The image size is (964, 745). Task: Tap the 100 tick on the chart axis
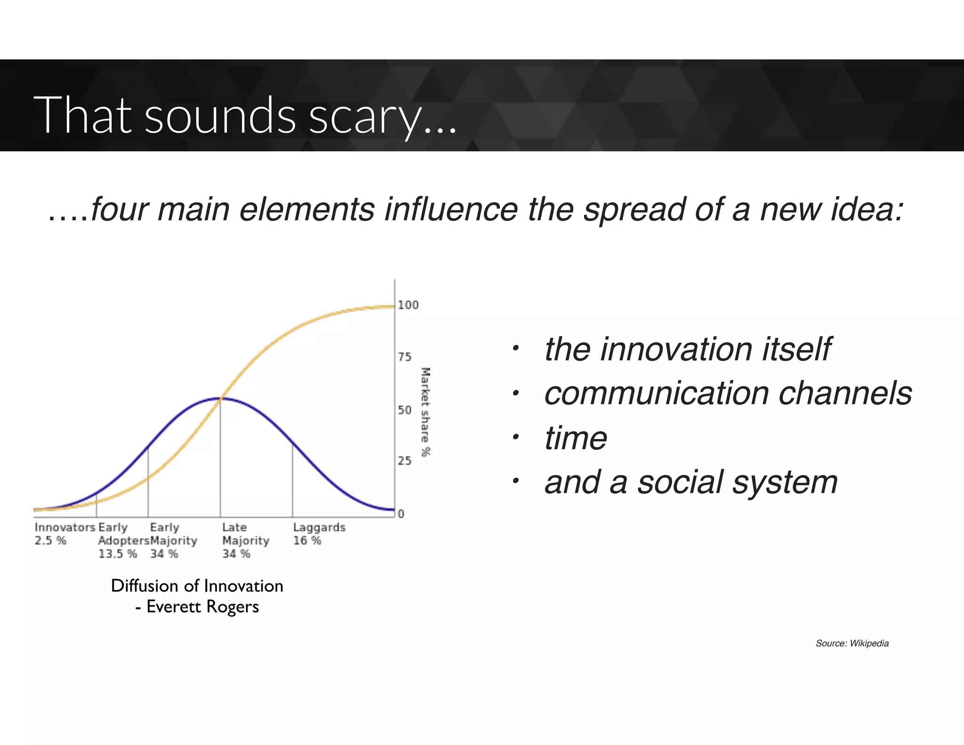(408, 305)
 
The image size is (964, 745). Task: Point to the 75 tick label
(404, 357)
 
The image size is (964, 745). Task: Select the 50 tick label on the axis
(404, 410)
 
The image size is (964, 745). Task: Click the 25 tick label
(404, 461)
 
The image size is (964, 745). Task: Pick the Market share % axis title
(426, 412)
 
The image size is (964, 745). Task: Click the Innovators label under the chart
(65, 527)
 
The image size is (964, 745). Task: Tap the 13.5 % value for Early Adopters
(117, 554)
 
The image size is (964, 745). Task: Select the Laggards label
(319, 527)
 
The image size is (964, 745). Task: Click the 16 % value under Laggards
(307, 541)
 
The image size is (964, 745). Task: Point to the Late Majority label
(245, 534)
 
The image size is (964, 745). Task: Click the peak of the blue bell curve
(220, 398)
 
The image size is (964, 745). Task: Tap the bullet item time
(575, 438)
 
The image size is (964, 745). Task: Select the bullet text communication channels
(728, 393)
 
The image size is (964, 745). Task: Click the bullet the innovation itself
(687, 349)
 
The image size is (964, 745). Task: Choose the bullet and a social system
(691, 482)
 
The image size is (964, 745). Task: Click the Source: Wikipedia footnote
(852, 643)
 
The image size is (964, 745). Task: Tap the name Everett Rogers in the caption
(202, 607)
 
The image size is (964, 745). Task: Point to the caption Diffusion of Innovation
(197, 586)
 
